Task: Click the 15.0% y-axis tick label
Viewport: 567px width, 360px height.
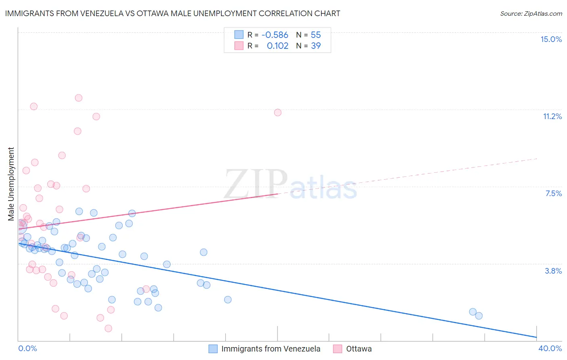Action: point(551,39)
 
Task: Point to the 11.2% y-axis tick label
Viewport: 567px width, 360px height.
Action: point(552,116)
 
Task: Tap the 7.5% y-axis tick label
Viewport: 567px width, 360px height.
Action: point(553,193)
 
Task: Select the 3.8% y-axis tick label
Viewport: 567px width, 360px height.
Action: point(553,271)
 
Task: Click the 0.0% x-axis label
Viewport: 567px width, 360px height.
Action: point(27,348)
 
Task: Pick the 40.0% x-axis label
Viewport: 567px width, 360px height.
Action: point(550,348)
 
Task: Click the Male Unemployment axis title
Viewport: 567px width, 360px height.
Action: point(11,184)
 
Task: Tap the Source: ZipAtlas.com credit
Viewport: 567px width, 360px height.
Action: point(531,13)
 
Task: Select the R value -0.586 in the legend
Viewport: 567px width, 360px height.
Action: point(275,35)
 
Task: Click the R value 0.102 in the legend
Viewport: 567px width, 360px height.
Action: point(277,46)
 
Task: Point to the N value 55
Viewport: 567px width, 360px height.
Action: point(316,35)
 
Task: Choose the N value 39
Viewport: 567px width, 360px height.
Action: point(316,46)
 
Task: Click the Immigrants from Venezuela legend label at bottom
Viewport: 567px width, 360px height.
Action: point(271,349)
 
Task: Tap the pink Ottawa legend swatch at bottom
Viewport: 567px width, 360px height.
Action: point(338,349)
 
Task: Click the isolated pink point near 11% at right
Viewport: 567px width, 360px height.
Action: point(277,113)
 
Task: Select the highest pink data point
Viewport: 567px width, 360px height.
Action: point(79,98)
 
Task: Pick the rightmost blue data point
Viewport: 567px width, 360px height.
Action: point(479,316)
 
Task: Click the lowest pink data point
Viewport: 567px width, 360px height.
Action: point(108,329)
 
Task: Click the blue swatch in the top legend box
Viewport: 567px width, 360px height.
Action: point(239,35)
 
